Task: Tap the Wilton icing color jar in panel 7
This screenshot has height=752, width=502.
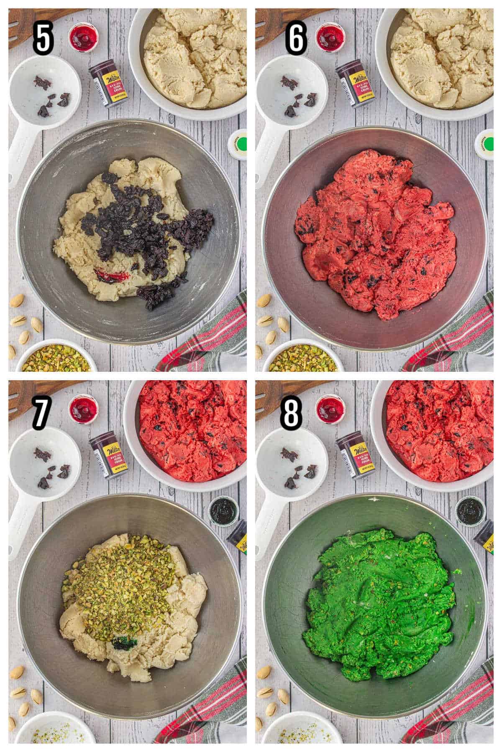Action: pyautogui.click(x=105, y=460)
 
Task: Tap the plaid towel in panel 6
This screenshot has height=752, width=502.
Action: pyautogui.click(x=460, y=338)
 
